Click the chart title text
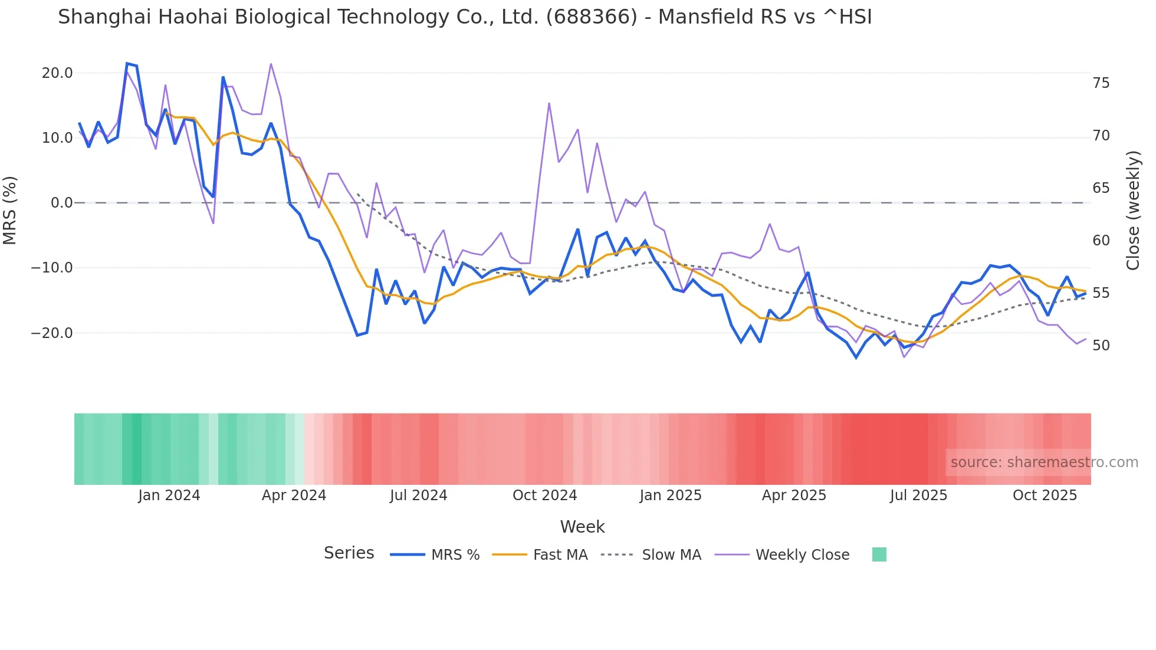pos(465,17)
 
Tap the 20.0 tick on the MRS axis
pos(57,73)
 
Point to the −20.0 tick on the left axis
pos(52,333)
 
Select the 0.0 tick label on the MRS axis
pos(62,203)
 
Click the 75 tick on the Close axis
pos(1101,83)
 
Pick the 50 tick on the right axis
pos(1101,346)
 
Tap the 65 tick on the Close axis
pos(1101,188)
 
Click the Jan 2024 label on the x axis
pos(169,495)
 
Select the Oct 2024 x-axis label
pos(544,495)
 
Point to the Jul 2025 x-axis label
pos(918,495)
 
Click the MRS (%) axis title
pos(10,210)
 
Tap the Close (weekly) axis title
pos(1133,211)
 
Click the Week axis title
pos(582,527)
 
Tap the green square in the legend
pos(879,554)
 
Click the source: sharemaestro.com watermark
pos(1044,462)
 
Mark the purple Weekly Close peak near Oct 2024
pos(549,103)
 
